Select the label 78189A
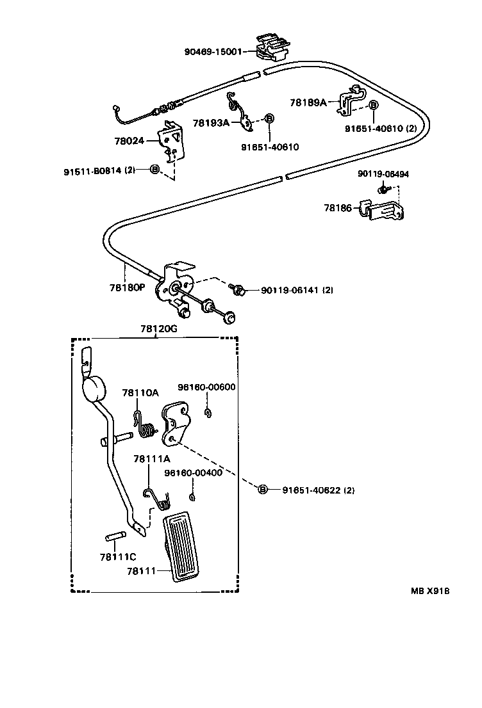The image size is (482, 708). (308, 102)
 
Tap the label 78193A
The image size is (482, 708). (211, 122)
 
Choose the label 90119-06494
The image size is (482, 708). (383, 173)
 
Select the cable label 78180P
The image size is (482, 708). (127, 287)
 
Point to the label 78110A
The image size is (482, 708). (140, 393)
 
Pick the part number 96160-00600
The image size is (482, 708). (207, 387)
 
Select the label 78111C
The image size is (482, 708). (117, 556)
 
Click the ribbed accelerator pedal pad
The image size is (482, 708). (187, 544)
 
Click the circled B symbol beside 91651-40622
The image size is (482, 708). (262, 490)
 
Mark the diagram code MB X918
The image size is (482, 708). (430, 591)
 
